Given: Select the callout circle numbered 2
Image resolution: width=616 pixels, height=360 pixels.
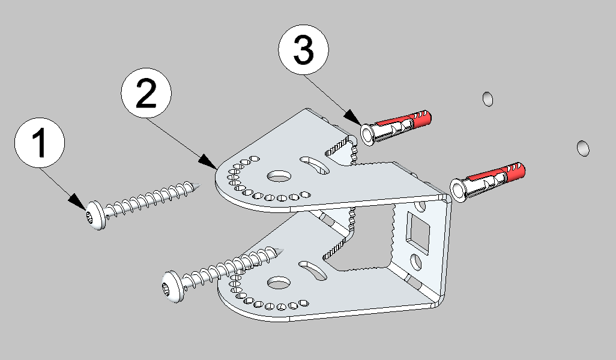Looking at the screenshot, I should pos(146,95).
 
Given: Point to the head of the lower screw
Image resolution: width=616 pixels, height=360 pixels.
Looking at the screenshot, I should pos(173,286).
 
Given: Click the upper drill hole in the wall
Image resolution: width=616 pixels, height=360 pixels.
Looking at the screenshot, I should pos(488,98).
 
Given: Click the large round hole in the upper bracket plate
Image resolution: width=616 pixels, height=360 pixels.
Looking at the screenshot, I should pos(279,176).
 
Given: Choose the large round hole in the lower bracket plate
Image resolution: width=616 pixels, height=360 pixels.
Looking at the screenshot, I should pos(279,281).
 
